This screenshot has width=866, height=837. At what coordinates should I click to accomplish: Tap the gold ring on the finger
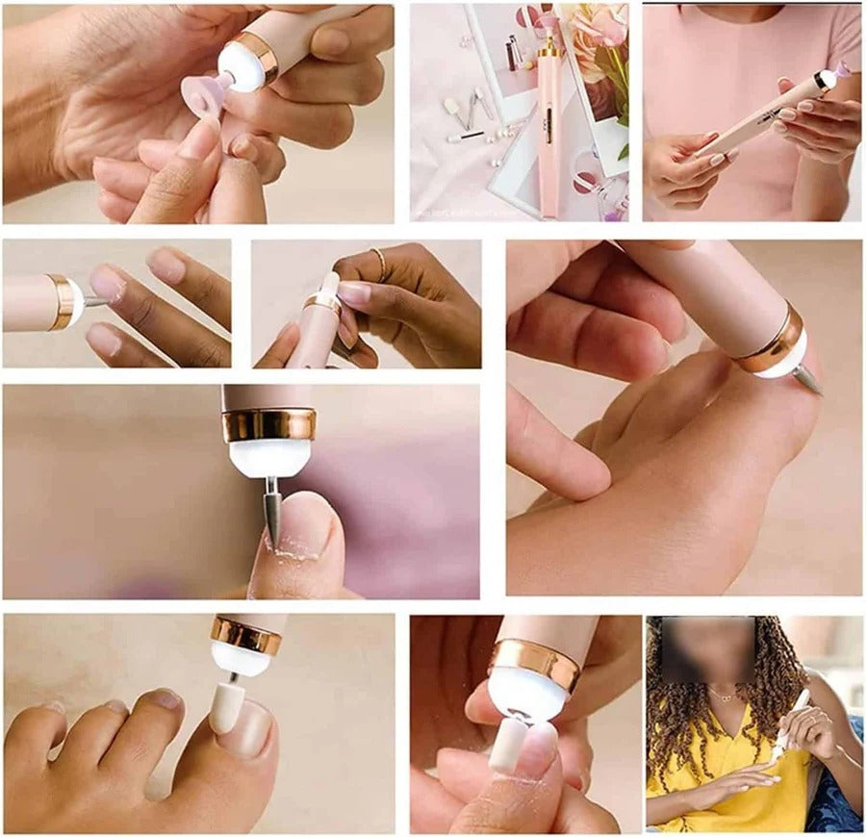tap(379, 262)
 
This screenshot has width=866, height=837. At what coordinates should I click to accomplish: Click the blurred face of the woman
tap(706, 650)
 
